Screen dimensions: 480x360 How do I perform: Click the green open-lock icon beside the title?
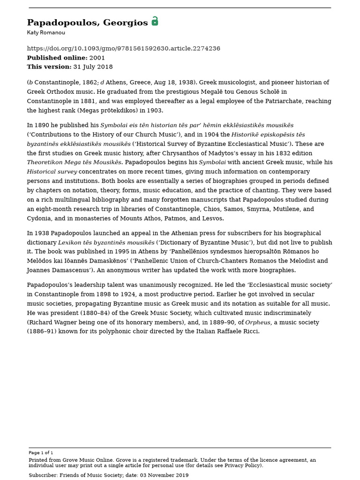coord(155,22)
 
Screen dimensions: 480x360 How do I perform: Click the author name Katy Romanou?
coord(46,33)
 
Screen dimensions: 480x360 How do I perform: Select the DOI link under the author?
coord(123,49)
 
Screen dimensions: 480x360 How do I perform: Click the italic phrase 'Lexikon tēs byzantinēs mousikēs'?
coord(106,243)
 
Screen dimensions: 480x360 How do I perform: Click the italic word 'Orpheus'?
coord(257,322)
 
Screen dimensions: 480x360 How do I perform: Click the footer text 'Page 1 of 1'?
coord(41,453)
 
